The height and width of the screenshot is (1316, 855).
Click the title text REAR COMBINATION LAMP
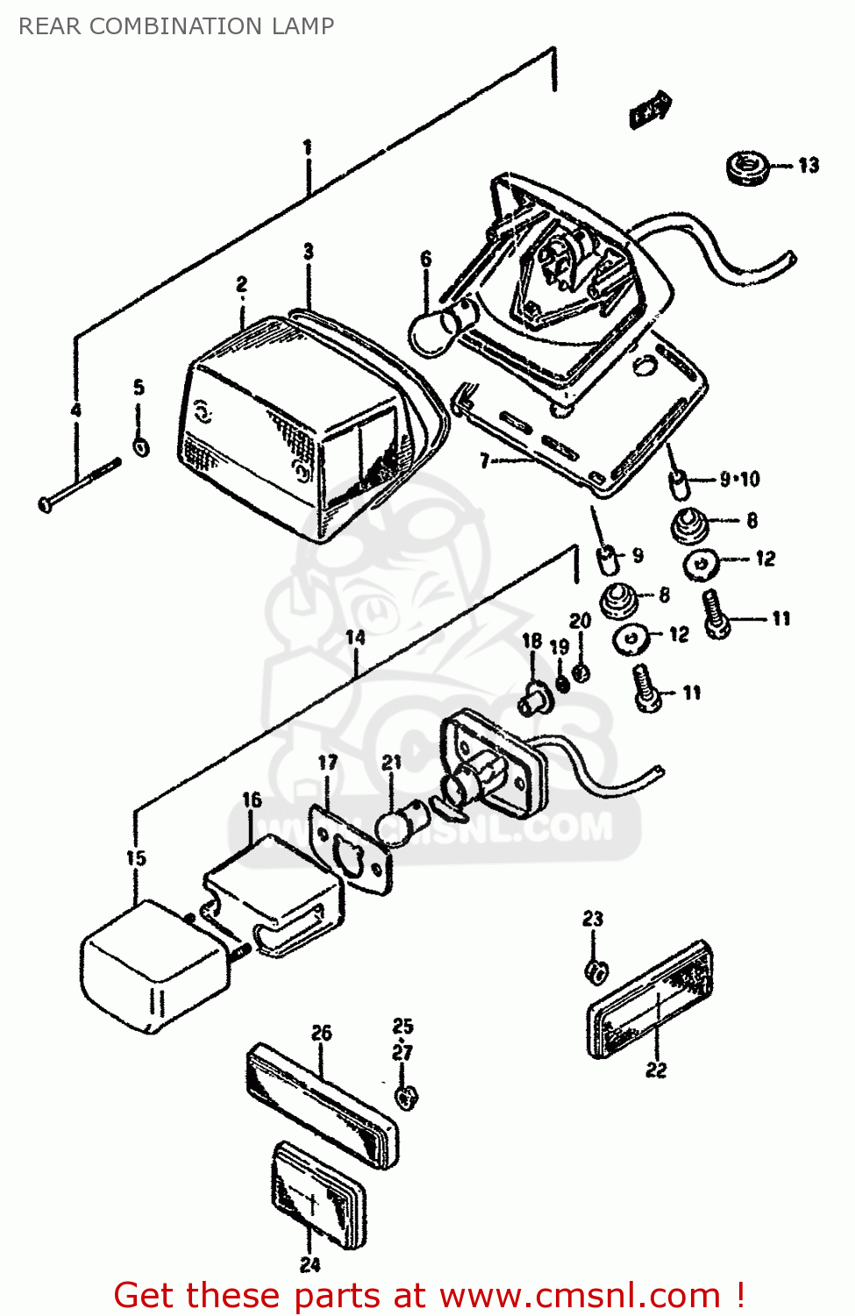click(x=176, y=26)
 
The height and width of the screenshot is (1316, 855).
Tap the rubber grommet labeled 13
click(x=747, y=167)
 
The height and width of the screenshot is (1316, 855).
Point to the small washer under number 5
click(x=140, y=447)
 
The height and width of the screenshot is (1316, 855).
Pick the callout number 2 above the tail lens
click(x=241, y=284)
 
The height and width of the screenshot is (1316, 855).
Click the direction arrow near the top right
click(x=650, y=110)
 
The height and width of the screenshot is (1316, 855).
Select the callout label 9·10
click(x=739, y=479)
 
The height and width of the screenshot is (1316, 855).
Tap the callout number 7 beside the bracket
click(x=484, y=460)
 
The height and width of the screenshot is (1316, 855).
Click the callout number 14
click(x=355, y=638)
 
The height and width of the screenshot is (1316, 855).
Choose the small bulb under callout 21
click(x=400, y=826)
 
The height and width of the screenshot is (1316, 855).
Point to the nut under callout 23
click(x=596, y=970)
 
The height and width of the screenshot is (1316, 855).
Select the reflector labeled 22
click(x=649, y=1000)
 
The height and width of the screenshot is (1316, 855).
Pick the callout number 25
click(x=403, y=1026)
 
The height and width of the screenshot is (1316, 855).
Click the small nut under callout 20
click(x=580, y=673)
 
